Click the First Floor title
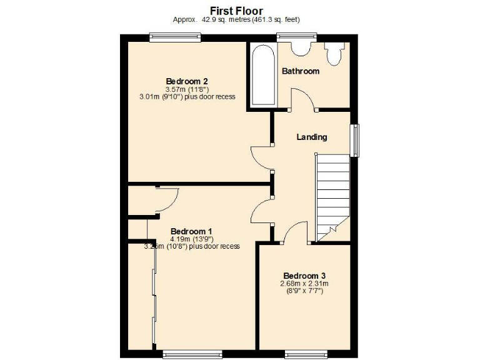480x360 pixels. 236,11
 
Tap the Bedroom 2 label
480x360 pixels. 187,81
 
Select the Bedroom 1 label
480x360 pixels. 192,231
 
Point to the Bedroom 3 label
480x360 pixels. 304,276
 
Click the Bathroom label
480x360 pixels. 301,71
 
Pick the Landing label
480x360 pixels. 312,137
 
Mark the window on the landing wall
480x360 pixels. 355,140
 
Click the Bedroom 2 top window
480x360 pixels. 170,37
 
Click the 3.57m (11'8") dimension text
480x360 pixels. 187,89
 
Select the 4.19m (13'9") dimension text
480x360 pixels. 192,239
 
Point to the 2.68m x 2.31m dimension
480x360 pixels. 304,284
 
